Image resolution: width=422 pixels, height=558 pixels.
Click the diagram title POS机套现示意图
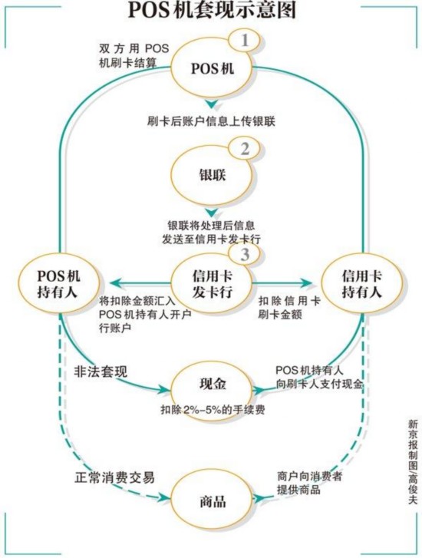tap(212, 10)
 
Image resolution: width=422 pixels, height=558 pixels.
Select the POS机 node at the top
tap(213, 68)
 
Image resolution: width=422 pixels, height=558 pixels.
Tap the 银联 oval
tap(213, 174)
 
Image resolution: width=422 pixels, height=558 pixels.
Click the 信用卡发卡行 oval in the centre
tap(212, 283)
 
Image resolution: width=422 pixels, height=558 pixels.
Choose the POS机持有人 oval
tap(58, 283)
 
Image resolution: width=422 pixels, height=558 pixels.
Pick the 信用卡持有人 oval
tap(362, 283)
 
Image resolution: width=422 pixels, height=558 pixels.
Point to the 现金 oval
tap(213, 390)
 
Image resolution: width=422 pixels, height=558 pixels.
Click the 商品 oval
tap(213, 501)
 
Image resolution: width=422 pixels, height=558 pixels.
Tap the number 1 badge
tap(245, 41)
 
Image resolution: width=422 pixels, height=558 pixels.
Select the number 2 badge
tap(245, 150)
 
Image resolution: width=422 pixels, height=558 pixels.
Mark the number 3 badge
tap(245, 255)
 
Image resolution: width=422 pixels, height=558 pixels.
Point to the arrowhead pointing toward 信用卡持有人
tap(306, 283)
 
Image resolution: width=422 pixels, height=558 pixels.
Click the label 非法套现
tap(101, 372)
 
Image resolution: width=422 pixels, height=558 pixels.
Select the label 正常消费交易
tap(114, 477)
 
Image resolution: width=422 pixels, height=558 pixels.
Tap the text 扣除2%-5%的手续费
tap(213, 410)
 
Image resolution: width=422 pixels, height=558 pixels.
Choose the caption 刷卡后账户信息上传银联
tap(211, 122)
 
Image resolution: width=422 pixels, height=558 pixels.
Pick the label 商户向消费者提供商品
tap(309, 483)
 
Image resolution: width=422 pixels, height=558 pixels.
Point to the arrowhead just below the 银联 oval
tap(212, 213)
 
